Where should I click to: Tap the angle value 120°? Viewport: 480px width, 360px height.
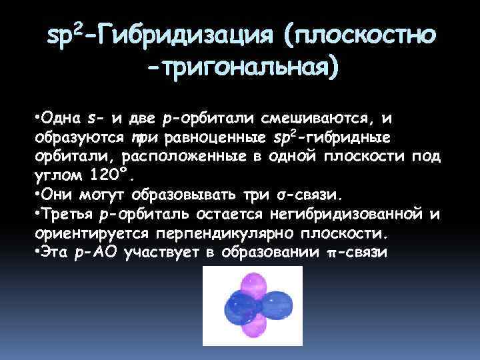point(111,176)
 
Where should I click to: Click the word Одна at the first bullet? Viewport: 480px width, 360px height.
point(61,119)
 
